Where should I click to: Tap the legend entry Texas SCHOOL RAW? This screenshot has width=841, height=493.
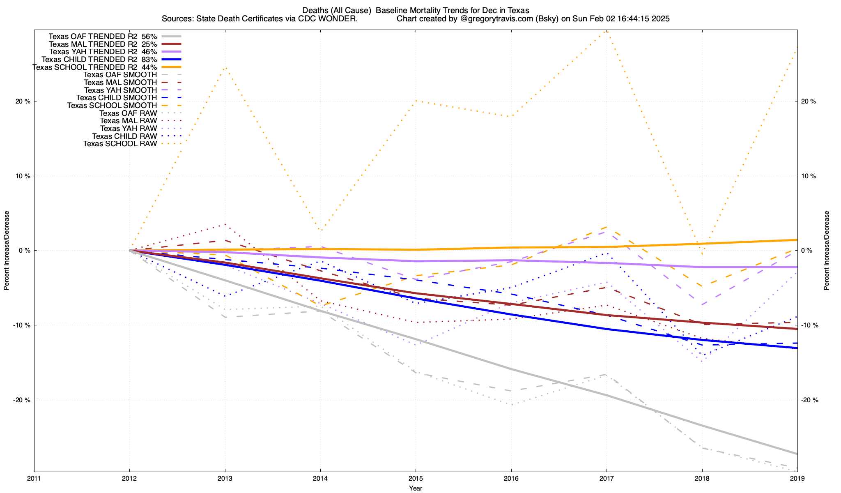click(120, 144)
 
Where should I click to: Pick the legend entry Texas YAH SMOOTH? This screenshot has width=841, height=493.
click(120, 90)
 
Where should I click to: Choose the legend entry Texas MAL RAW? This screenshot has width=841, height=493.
click(128, 121)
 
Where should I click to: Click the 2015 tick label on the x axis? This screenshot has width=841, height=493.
click(416, 479)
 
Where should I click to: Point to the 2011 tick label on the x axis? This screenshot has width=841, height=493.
click(34, 479)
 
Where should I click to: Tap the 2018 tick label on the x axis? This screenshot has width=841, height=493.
click(702, 479)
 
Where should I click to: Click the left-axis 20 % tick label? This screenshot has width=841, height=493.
click(23, 101)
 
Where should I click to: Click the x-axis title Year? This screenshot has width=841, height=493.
click(416, 488)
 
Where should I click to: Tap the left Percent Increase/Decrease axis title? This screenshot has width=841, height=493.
click(7, 251)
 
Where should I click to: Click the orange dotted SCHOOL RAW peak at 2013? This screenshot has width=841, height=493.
click(225, 68)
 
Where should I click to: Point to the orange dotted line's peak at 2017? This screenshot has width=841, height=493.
click(607, 31)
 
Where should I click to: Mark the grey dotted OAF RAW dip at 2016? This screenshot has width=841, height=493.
click(511, 405)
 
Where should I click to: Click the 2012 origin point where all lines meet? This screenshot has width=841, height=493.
click(130, 250)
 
